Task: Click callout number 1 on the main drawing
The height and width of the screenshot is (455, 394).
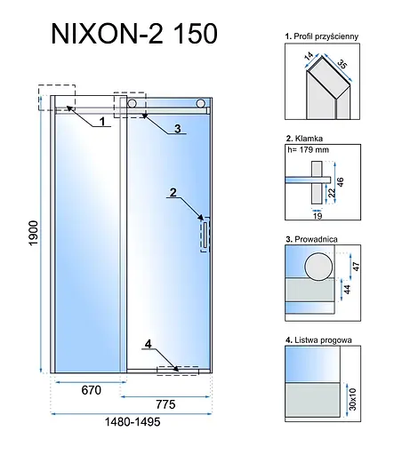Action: pos(103,120)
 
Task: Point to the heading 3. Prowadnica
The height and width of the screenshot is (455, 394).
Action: pos(311,239)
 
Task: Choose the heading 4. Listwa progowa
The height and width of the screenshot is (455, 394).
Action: pos(320,339)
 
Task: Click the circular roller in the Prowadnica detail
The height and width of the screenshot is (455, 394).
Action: pos(316,267)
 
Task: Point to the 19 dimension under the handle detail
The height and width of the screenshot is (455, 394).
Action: pos(318,214)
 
